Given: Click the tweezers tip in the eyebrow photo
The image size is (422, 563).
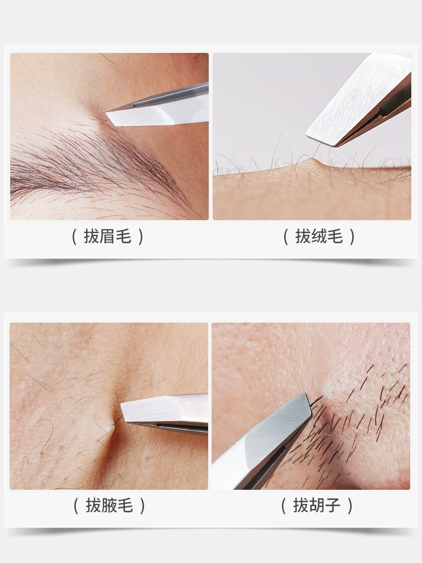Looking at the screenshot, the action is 107,114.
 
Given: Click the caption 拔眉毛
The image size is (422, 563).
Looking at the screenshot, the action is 107,236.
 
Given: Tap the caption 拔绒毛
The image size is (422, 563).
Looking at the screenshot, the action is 319,236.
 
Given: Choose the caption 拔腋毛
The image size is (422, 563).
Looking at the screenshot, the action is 110,506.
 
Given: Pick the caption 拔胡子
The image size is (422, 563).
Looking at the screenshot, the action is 317,506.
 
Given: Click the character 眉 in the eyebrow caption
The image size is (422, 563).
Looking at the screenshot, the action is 107,236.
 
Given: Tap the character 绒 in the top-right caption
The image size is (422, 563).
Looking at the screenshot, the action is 319,236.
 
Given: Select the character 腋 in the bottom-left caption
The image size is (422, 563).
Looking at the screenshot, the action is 110,506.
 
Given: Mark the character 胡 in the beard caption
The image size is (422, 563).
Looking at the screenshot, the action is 317,506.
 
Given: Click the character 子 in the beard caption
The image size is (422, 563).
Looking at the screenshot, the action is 333,506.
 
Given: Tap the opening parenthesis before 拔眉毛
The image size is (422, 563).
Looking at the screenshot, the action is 75,237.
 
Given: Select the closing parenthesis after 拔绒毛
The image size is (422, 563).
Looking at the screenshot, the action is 352,237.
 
